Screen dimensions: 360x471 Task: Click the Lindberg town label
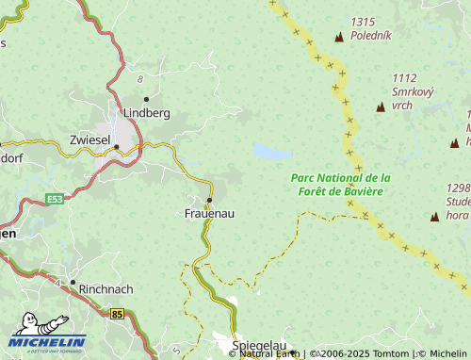pos(146,113)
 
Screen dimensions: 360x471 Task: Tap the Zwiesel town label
pos(90,139)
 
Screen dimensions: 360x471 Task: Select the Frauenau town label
pos(209,214)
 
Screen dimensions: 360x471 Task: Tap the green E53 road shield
pos(55,199)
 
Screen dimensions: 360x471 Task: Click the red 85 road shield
pos(117,313)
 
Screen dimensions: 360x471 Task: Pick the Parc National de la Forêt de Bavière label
pos(340,185)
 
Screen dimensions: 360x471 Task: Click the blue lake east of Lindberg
pos(271,152)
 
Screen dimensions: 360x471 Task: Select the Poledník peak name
pos(370,35)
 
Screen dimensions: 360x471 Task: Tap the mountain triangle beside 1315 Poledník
pos(338,37)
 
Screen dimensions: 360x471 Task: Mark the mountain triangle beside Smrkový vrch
pos(381,107)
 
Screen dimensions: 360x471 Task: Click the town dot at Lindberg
pos(146,99)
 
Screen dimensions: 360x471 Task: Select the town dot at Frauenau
pos(209,200)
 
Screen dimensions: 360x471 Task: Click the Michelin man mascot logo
pos(40,325)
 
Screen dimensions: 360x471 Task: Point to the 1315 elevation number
pos(363,22)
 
